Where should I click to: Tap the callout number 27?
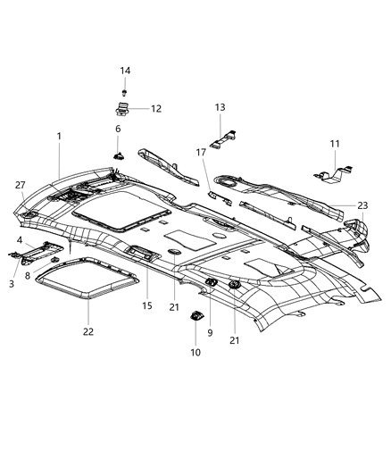pyautogui.click(x=20, y=185)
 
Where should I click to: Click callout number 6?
pyautogui.click(x=117, y=129)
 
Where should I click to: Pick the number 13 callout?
pyautogui.click(x=220, y=107)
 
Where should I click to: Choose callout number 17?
pyautogui.click(x=202, y=153)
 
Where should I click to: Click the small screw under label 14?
pyautogui.click(x=125, y=91)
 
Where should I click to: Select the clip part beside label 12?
pyautogui.click(x=122, y=110)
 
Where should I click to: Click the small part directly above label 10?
pyautogui.click(x=195, y=317)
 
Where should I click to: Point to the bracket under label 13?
pyautogui.click(x=223, y=138)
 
